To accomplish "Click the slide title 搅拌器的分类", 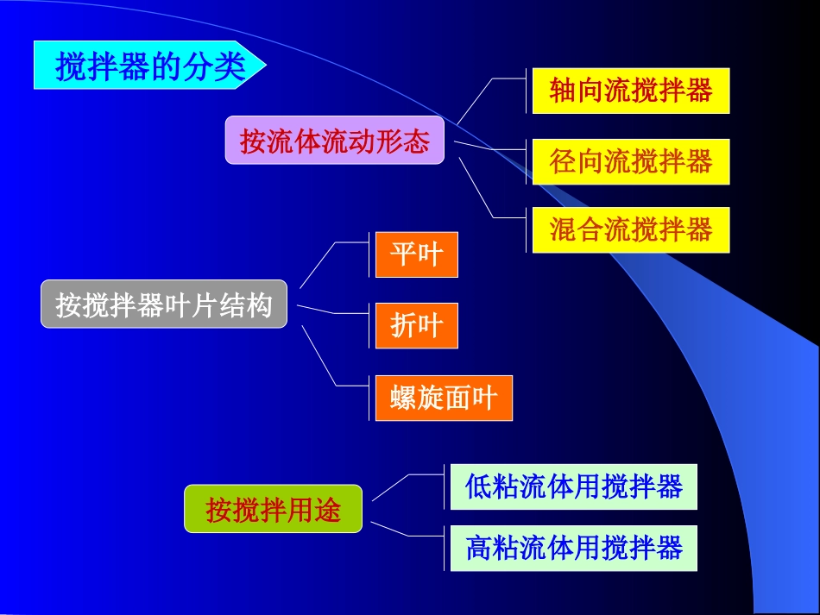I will tap(149, 66).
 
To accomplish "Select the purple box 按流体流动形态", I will tap(334, 141).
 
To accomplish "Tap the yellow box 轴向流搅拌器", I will tap(630, 91).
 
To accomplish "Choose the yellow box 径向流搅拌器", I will tap(630, 161).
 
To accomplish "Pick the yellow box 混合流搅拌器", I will tap(630, 229).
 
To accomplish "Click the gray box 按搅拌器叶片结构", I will tap(163, 305).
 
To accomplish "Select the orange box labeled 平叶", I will tap(416, 254).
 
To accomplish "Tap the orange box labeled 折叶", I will tap(416, 326).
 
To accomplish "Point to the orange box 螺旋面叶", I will tap(444, 398).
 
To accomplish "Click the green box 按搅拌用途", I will tap(273, 509).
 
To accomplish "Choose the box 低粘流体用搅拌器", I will tap(573, 486).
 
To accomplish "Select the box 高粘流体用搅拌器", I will tap(573, 548).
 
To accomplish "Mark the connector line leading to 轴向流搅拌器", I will tap(475, 101).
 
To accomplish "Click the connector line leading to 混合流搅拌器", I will tap(476, 187).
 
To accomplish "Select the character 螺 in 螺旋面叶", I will tap(403, 398).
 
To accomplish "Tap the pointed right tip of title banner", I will tap(264, 65).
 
